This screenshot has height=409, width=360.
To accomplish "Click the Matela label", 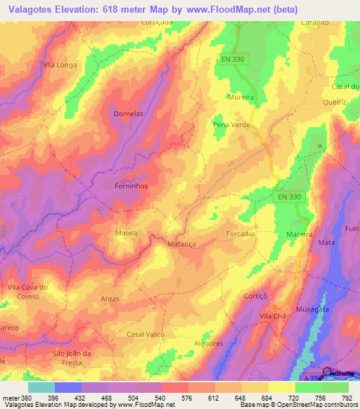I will [127, 233].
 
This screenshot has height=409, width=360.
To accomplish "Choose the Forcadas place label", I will [240, 233].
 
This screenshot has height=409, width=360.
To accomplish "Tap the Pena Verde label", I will [230, 124].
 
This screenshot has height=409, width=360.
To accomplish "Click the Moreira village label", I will [241, 98].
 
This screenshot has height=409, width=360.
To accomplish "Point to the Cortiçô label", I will [257, 297].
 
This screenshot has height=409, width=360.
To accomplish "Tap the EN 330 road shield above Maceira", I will [288, 197].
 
